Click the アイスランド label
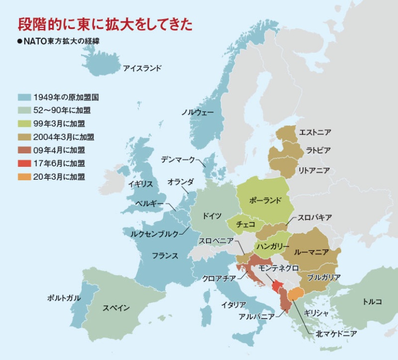tap(142, 69)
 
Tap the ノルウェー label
tap(198, 113)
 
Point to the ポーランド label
tap(265, 200)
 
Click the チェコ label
tap(246, 225)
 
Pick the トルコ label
tap(372, 301)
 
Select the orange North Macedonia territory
tap(295, 295)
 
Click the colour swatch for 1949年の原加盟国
tap(24, 98)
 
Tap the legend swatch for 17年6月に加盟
tap(24, 163)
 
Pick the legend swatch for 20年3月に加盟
tap(24, 176)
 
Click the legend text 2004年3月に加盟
tap(63, 137)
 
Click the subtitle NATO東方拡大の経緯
tap(61, 41)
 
